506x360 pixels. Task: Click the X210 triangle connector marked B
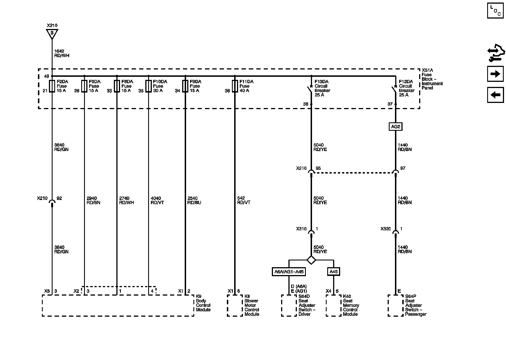tap(52, 33)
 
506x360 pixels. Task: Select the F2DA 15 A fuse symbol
tap(52, 86)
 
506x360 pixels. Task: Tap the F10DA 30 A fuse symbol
tap(148, 86)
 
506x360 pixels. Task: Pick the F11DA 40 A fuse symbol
tap(235, 86)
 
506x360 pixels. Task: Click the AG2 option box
tap(395, 127)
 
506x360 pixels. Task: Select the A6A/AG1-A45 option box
tap(289, 272)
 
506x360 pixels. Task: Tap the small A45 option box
tap(333, 272)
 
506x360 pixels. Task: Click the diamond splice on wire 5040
tap(311, 260)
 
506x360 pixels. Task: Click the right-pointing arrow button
tap(495, 74)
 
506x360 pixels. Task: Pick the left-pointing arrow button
tap(495, 95)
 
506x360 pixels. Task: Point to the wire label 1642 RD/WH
tap(62, 53)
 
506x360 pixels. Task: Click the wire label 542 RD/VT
tap(243, 200)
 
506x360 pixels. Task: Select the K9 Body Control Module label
tap(203, 303)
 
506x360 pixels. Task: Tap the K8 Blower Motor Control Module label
tap(252, 305)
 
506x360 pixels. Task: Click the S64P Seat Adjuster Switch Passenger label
tap(415, 305)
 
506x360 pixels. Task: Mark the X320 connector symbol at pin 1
tap(396, 232)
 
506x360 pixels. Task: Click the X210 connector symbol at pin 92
tap(52, 202)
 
